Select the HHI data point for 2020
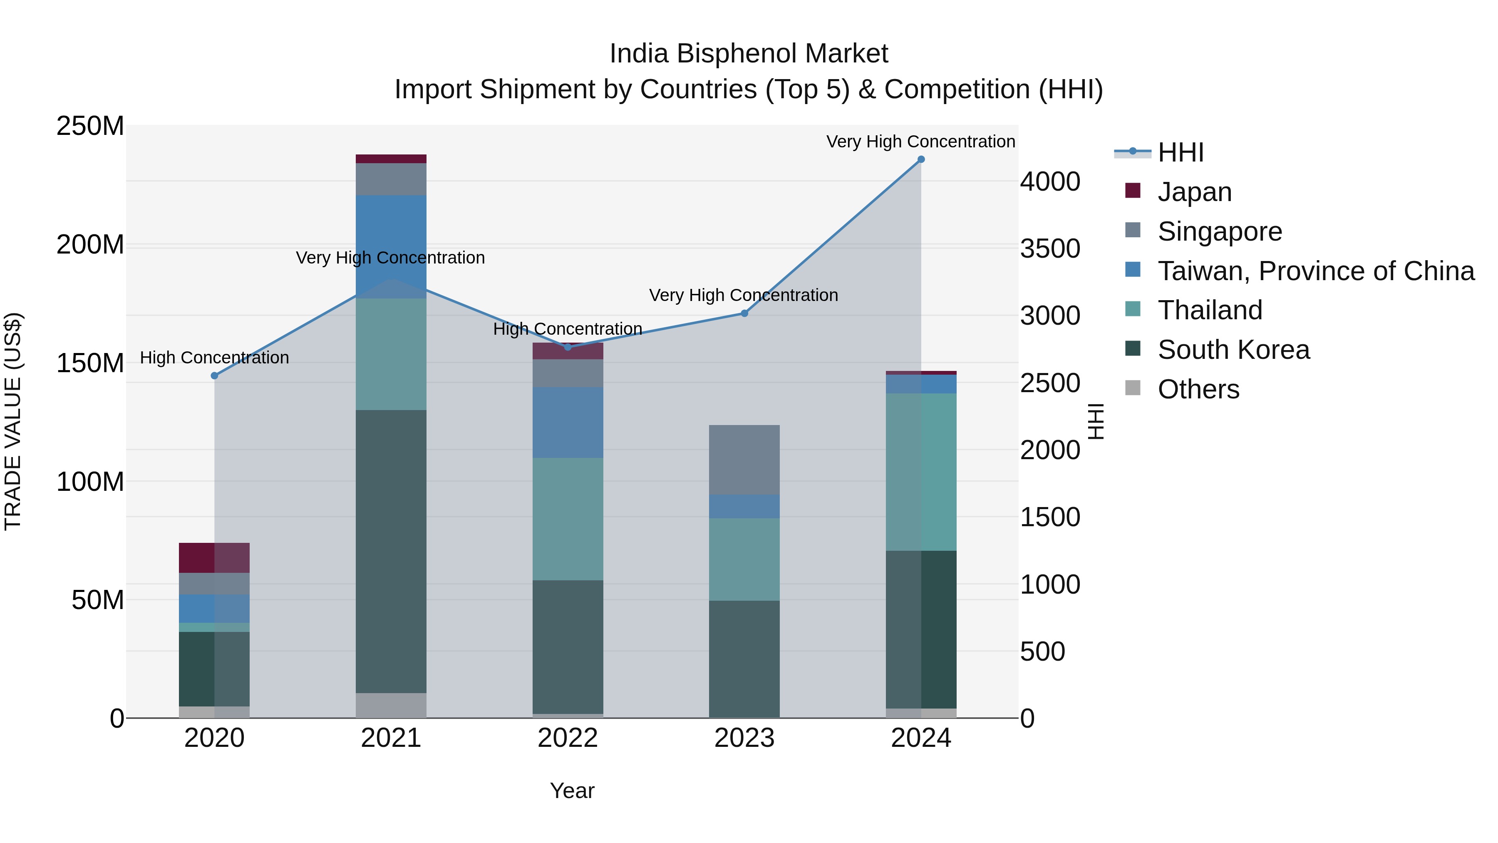[x=215, y=376]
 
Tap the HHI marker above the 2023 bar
[x=744, y=313]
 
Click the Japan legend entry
[x=1194, y=192]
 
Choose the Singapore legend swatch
[x=1133, y=230]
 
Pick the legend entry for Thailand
[x=1210, y=310]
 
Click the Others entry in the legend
[x=1198, y=389]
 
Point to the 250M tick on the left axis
[x=90, y=126]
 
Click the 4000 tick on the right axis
[x=1050, y=182]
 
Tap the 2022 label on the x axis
[x=568, y=738]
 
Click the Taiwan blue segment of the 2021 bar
[x=391, y=247]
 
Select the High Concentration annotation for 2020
[x=215, y=358]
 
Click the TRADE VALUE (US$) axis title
[x=13, y=421]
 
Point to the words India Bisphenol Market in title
[x=749, y=54]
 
